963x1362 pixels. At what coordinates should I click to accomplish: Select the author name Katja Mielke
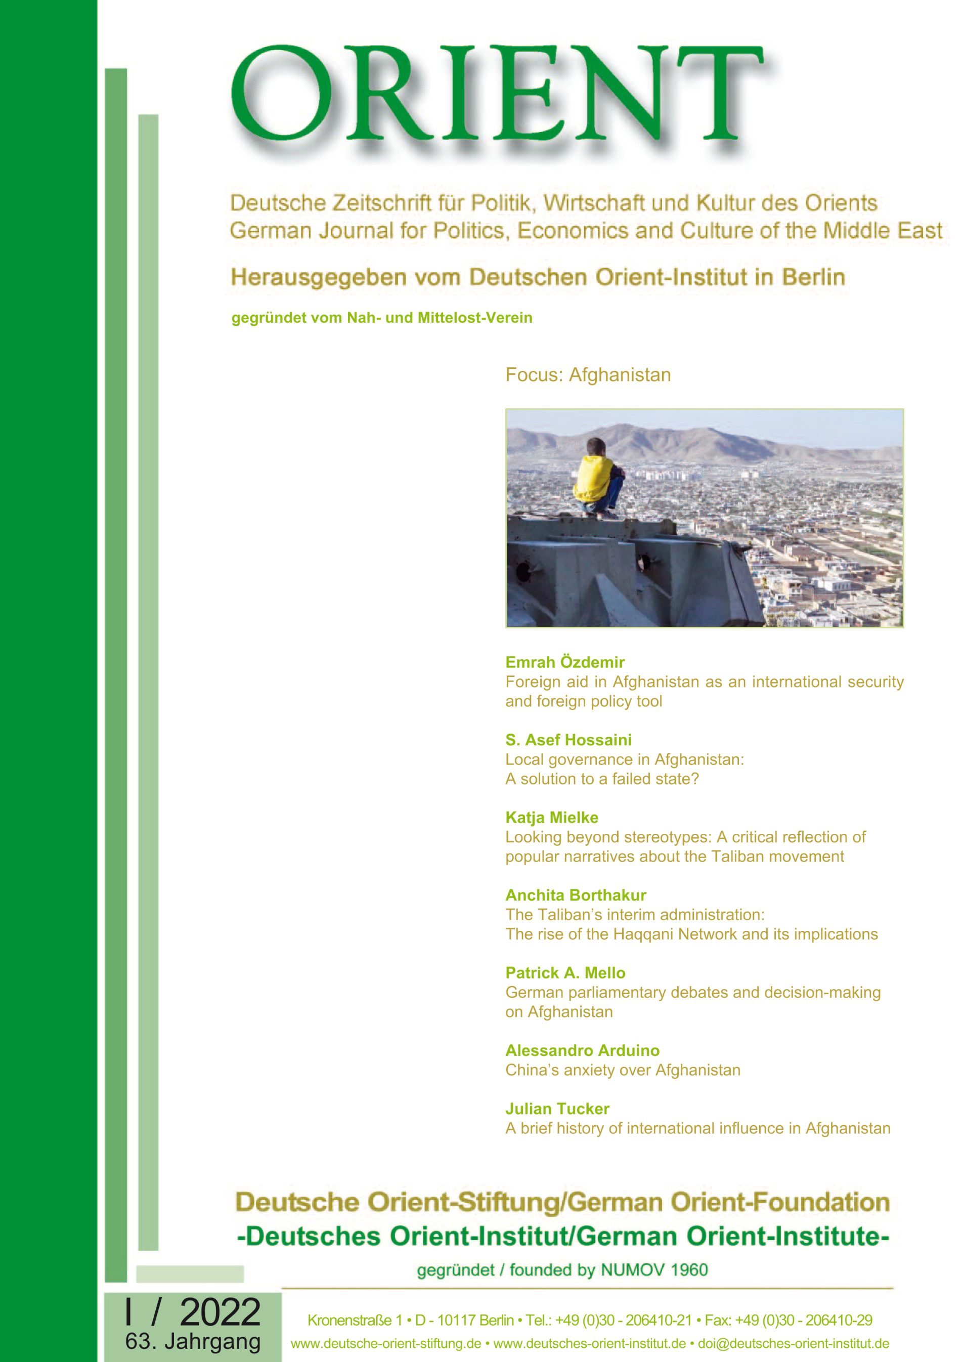click(x=551, y=818)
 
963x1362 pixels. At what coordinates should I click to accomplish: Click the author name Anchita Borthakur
click(x=575, y=895)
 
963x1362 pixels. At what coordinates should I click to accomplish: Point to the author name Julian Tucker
click(x=557, y=1109)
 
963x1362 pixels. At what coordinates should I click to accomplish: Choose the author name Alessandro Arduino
click(x=582, y=1050)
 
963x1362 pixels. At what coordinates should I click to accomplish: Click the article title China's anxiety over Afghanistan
click(x=623, y=1070)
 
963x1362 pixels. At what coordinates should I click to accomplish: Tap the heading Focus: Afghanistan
click(x=588, y=375)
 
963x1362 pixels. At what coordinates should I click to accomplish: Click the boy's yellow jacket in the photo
click(x=593, y=478)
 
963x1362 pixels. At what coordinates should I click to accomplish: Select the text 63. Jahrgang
click(x=193, y=1342)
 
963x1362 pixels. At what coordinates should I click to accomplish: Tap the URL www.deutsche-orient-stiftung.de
click(x=385, y=1344)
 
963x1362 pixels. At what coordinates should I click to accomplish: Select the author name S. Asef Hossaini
click(x=568, y=740)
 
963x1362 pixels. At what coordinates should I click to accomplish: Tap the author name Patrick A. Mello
click(x=565, y=973)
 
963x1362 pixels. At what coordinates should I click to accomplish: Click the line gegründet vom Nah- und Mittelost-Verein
click(x=381, y=318)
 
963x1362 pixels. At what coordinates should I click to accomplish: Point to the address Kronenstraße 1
click(x=354, y=1321)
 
